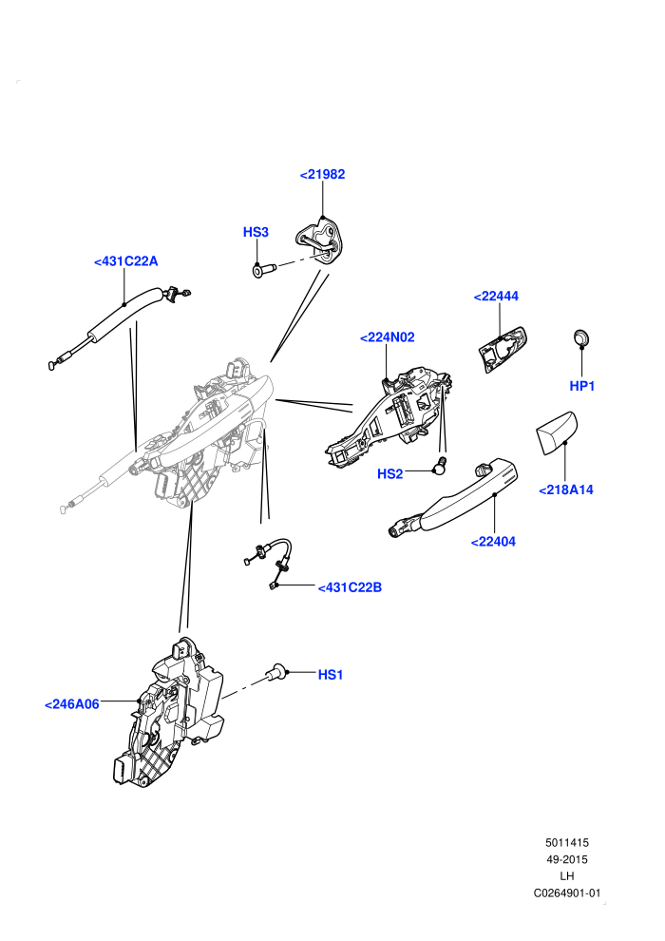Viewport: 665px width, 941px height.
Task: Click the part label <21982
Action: pos(323,174)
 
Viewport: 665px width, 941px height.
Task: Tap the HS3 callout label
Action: pos(256,232)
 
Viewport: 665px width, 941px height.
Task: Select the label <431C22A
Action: pos(126,261)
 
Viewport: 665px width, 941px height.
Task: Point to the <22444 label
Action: pos(496,296)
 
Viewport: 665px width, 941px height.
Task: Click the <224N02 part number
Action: pos(387,337)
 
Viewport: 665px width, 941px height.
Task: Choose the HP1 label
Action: pos(581,386)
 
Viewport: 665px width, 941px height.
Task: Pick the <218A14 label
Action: pos(566,490)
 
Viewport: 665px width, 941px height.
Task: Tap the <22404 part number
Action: pos(493,542)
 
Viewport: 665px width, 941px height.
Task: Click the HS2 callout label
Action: pos(389,474)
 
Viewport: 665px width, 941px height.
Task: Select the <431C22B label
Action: pos(350,587)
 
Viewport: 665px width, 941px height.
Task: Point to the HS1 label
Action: pos(331,675)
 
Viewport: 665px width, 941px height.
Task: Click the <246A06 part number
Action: pos(72,704)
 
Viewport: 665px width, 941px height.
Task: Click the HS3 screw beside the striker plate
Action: pos(261,271)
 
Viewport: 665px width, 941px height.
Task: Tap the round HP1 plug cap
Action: pos(581,337)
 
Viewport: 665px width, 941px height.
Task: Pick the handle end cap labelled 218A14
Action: pos(555,432)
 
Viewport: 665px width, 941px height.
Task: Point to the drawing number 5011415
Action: pos(566,842)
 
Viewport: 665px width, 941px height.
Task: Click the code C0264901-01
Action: pos(566,893)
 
